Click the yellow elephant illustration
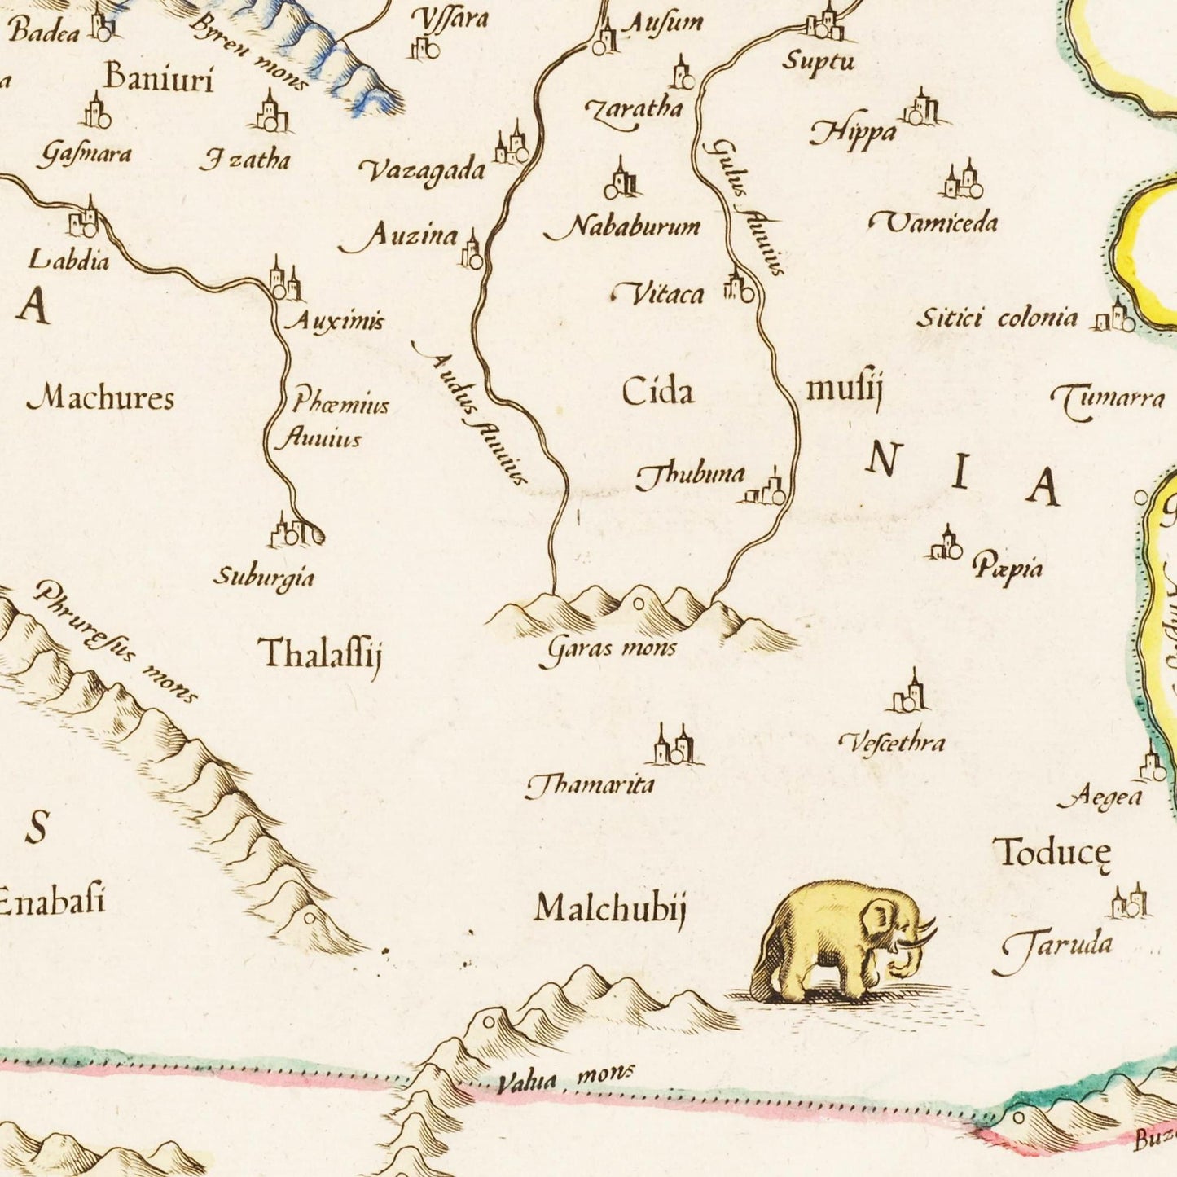coord(843,941)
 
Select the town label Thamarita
coord(590,785)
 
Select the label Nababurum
coord(624,226)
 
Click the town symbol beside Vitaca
coord(739,288)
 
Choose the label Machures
coord(101,398)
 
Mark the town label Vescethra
coord(893,742)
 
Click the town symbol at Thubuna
coord(766,490)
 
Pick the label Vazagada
coord(423,170)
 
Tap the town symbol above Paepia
coord(946,544)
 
